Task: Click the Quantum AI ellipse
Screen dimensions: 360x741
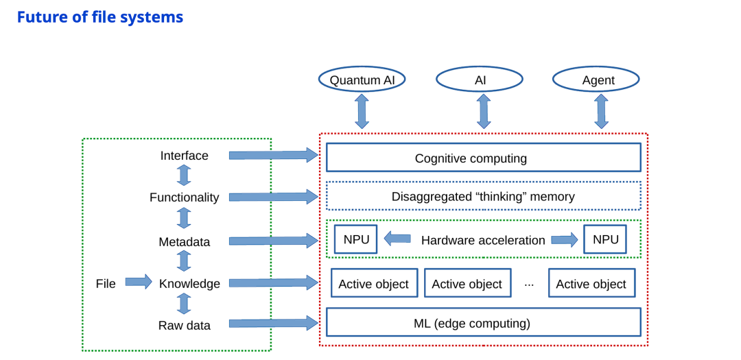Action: [x=362, y=80]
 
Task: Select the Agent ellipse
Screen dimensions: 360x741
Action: [x=596, y=80]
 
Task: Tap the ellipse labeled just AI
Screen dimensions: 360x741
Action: [x=480, y=80]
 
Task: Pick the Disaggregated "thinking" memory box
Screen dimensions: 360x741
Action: [x=483, y=196]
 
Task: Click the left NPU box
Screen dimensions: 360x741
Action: [x=355, y=239]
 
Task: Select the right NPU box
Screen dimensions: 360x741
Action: [x=605, y=239]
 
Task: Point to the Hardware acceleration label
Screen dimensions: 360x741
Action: [x=483, y=240]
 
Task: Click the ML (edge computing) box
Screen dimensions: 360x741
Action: [x=483, y=322]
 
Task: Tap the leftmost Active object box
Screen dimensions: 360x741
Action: [x=374, y=283]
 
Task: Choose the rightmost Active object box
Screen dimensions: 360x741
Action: [x=591, y=283]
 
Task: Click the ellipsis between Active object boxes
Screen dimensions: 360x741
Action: [x=529, y=284]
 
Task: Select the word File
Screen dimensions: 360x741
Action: [x=106, y=284]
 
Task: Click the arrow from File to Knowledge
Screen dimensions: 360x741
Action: [x=138, y=282]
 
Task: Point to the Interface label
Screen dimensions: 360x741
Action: [x=184, y=156]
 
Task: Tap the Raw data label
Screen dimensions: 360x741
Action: [x=184, y=325]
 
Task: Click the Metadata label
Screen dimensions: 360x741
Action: [x=184, y=241]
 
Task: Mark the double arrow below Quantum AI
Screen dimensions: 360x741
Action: [x=362, y=112]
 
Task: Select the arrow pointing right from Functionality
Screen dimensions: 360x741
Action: [x=273, y=197]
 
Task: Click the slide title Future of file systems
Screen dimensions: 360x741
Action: [x=100, y=17]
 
